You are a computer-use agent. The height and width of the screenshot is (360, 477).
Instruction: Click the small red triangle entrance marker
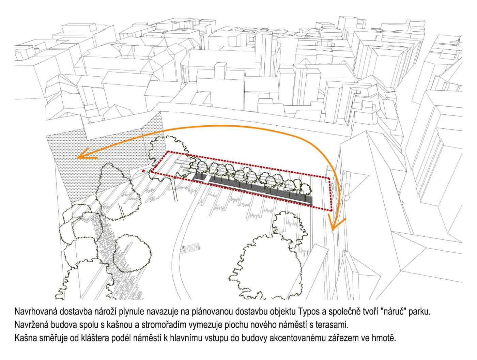143,171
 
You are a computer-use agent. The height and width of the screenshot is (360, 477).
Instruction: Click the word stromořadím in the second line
164,325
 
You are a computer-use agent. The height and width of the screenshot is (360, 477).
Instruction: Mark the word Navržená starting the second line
31,325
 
